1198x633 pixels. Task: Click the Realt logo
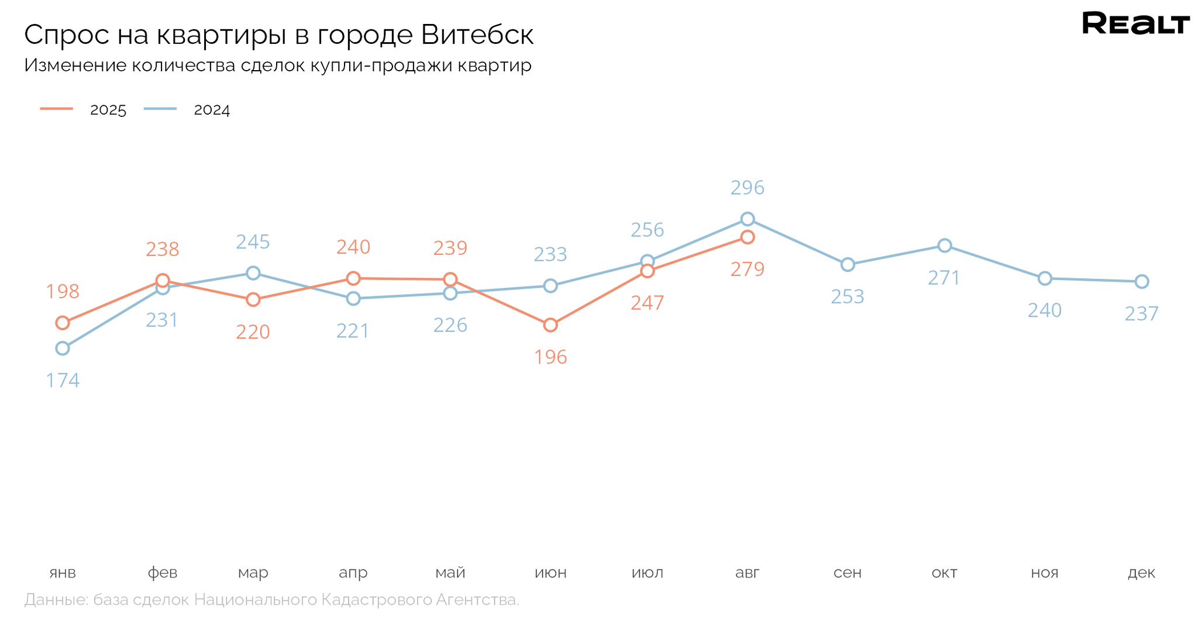tap(1135, 23)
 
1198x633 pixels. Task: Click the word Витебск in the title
tap(477, 35)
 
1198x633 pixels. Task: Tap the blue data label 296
tap(748, 188)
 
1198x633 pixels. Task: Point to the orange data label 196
tap(550, 357)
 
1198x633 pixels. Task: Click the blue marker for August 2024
tap(748, 219)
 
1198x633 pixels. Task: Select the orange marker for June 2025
tap(550, 325)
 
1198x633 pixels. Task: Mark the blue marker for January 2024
tap(63, 348)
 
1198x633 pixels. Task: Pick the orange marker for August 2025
tap(748, 237)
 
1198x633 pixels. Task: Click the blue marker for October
tap(944, 245)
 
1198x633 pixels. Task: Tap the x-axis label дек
tap(1141, 573)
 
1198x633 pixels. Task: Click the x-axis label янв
tap(63, 573)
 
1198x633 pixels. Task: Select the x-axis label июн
tap(550, 573)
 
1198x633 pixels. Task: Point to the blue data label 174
tap(63, 381)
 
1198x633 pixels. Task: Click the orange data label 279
tap(748, 269)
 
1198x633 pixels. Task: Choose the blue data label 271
tap(944, 278)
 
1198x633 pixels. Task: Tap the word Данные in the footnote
tap(55, 600)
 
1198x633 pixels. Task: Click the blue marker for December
tap(1141, 282)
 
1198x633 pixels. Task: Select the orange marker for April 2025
tap(353, 278)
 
